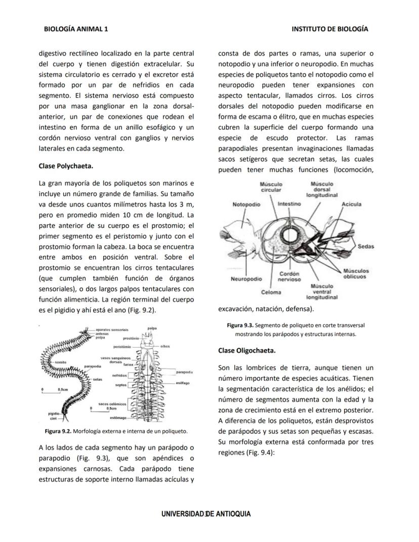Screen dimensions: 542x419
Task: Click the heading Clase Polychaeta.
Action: (x=66, y=166)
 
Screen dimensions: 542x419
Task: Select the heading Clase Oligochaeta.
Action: (x=247, y=350)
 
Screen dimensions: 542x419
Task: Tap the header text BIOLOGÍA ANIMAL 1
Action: (x=76, y=29)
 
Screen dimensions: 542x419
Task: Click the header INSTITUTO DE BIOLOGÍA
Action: (x=330, y=29)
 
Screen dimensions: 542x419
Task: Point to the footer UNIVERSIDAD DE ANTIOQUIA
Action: (x=206, y=514)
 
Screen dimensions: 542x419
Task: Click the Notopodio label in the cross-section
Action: (x=246, y=204)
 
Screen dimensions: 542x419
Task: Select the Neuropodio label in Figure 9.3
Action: (x=246, y=279)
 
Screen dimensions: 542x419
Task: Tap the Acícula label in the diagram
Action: (x=351, y=204)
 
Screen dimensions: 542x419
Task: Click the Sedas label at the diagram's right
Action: (x=365, y=247)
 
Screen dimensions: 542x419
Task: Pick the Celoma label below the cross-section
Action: (x=271, y=292)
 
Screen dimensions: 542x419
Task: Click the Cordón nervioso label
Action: (x=290, y=277)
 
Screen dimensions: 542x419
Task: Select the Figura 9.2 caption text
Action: (x=116, y=432)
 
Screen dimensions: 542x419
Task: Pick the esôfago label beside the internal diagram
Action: (x=183, y=383)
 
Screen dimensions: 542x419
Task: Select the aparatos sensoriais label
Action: (x=112, y=329)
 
